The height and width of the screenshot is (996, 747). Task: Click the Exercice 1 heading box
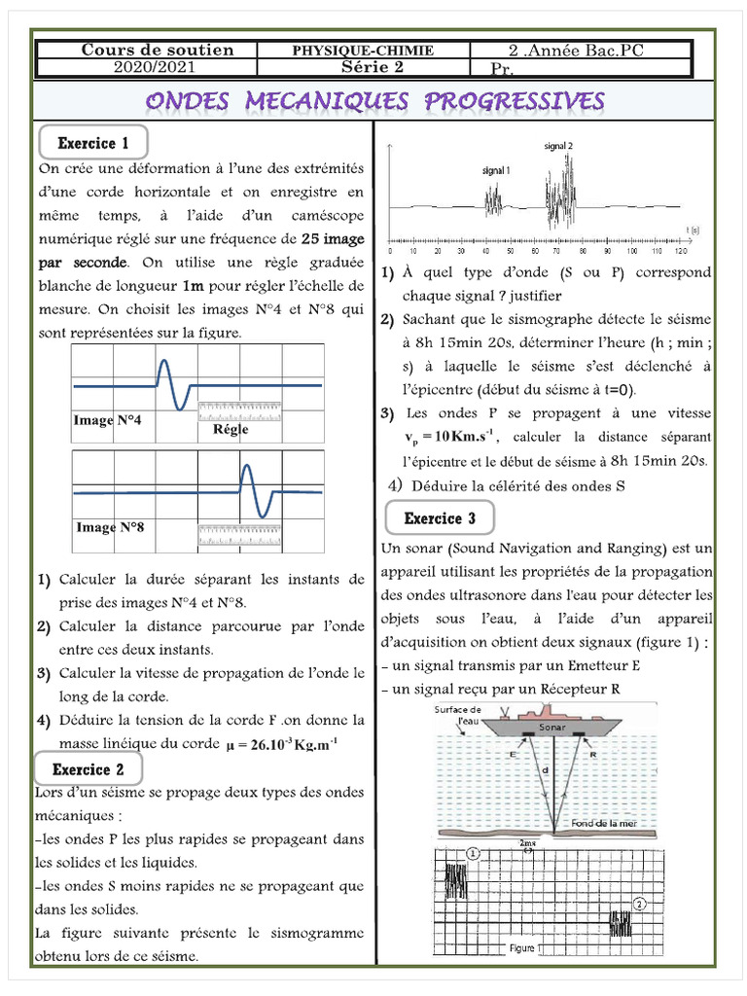click(93, 143)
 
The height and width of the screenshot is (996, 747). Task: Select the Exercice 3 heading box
click(441, 518)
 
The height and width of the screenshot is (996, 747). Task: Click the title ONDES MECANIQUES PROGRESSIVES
click(375, 101)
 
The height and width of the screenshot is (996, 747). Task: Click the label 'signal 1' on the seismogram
click(496, 169)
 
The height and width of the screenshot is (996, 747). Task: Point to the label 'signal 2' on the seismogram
click(558, 146)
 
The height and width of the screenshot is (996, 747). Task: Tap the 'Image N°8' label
click(110, 527)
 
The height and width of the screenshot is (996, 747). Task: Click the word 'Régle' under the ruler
click(231, 429)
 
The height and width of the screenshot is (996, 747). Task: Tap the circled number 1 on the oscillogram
click(473, 853)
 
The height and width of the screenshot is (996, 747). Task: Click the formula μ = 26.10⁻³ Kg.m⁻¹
click(281, 746)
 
